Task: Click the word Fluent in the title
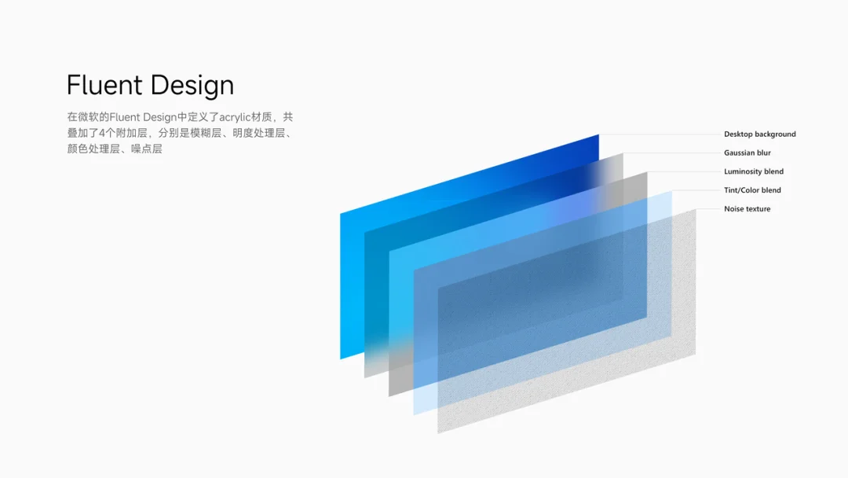tap(104, 85)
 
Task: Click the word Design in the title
tap(192, 86)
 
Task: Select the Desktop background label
tap(760, 134)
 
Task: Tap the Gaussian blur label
tap(747, 153)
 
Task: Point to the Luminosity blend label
tap(754, 171)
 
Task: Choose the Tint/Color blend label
tap(752, 190)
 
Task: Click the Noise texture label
tap(747, 209)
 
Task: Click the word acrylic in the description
tap(236, 117)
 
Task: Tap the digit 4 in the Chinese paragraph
tap(102, 133)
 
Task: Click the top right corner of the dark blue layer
tap(598, 134)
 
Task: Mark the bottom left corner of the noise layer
tap(438, 433)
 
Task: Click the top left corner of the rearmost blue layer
tap(340, 214)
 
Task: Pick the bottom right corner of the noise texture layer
tap(696, 355)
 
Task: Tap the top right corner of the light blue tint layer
tap(671, 191)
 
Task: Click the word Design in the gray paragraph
tap(160, 117)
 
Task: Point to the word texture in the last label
tap(758, 209)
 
